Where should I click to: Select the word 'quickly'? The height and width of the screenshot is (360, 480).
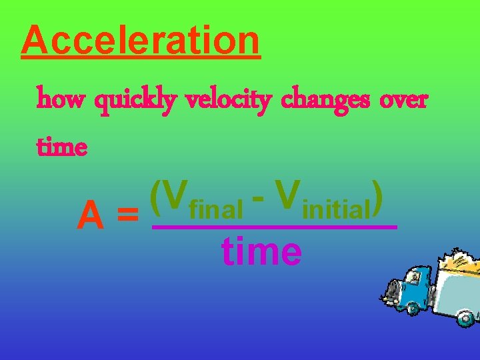pyautogui.click(x=136, y=102)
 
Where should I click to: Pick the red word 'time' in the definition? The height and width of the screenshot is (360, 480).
pyautogui.click(x=62, y=146)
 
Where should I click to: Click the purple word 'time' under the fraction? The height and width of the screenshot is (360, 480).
pyautogui.click(x=261, y=251)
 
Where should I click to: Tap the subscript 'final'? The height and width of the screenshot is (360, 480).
pyautogui.click(x=216, y=211)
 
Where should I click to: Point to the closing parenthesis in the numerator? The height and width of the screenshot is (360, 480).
pyautogui.click(x=377, y=197)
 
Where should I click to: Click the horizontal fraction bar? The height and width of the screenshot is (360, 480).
pyautogui.click(x=275, y=227)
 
